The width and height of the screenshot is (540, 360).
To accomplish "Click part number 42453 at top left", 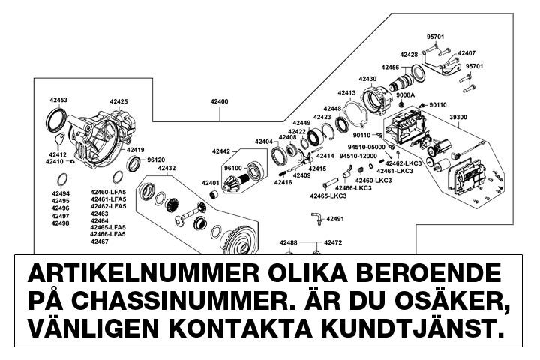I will (x=58, y=100).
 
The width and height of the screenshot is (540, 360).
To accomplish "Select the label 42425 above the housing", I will (x=118, y=100).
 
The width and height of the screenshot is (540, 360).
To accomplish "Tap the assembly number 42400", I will (x=220, y=100).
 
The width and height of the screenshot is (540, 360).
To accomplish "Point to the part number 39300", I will (x=458, y=118).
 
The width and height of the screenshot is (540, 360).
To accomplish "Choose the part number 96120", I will (x=156, y=160).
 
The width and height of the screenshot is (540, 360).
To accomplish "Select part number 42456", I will (x=390, y=67).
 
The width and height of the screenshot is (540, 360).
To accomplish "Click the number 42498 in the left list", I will (x=61, y=223).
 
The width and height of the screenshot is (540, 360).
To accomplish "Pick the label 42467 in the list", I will (x=99, y=241).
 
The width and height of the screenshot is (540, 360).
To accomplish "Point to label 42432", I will (x=166, y=169).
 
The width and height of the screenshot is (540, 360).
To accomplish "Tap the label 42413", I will (x=346, y=93).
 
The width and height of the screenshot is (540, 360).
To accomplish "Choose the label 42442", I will (x=220, y=151).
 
